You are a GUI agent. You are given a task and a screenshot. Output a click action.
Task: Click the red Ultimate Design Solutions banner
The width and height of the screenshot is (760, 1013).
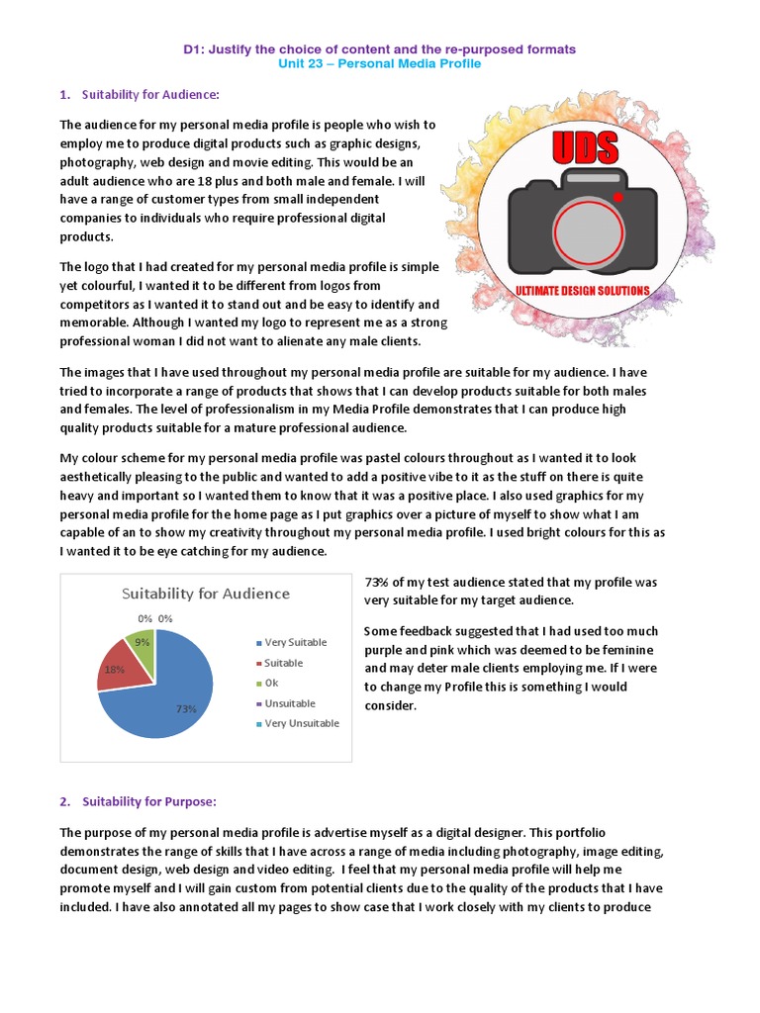pos(582,291)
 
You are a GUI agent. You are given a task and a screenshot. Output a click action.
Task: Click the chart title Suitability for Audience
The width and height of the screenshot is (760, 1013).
pos(206,594)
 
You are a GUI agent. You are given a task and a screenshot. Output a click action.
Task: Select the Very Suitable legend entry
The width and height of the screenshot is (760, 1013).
pos(295,642)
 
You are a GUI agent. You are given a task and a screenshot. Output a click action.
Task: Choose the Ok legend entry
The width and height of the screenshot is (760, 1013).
pos(271,683)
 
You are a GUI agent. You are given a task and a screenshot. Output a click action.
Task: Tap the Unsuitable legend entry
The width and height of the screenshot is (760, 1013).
pos(289,703)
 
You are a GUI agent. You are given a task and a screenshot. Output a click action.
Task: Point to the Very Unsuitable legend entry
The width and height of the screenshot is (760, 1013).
pos(301,723)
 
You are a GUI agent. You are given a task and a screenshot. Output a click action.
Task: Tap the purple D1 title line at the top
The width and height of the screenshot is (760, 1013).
pos(381,48)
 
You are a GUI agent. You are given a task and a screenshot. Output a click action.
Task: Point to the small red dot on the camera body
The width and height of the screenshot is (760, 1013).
pos(617,198)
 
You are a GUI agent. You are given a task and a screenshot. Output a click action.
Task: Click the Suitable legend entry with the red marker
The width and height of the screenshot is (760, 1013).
pos(283,663)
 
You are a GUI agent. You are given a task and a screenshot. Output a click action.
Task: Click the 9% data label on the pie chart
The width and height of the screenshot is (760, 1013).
pos(143,641)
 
